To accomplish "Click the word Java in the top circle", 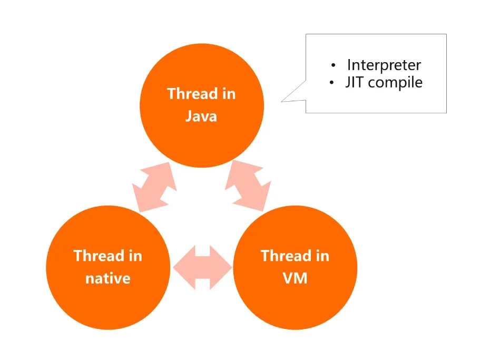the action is tap(201, 116).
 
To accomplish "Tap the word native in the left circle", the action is tap(108, 278).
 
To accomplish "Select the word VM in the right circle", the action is tap(295, 278).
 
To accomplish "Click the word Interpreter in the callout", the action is tap(384, 65).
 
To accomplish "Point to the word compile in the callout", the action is tap(395, 83).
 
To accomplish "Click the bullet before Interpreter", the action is tap(334, 65).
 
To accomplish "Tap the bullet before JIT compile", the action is tap(331, 82).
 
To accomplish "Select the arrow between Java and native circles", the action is tap(154, 187).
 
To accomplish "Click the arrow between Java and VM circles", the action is tap(248, 186).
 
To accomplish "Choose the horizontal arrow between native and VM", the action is tap(202, 267).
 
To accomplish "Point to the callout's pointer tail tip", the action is tap(281, 101).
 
